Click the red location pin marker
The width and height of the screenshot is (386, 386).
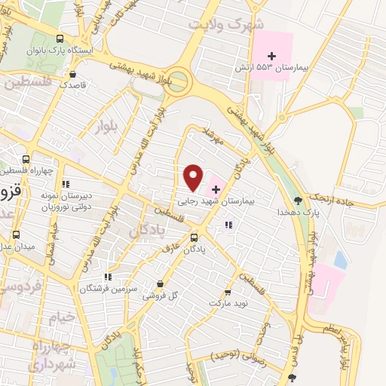click(194, 177)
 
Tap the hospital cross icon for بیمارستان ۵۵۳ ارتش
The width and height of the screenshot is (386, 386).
click(273, 56)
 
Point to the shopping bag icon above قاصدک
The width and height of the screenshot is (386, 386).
click(72, 74)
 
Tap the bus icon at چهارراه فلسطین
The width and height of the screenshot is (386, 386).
click(27, 159)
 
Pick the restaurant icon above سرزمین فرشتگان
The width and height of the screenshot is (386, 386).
click(109, 277)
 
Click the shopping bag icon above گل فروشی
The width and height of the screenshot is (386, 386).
click(160, 283)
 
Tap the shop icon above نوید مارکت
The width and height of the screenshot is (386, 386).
click(228, 291)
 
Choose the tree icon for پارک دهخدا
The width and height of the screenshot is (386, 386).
click(299, 201)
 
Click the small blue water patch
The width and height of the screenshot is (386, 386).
click(341, 259)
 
